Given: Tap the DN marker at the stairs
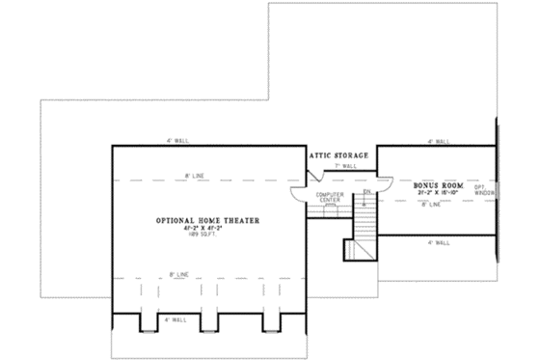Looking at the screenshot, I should point(367,191).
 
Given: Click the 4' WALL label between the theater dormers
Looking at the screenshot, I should point(174,318).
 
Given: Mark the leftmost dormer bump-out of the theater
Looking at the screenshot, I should point(148,320).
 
